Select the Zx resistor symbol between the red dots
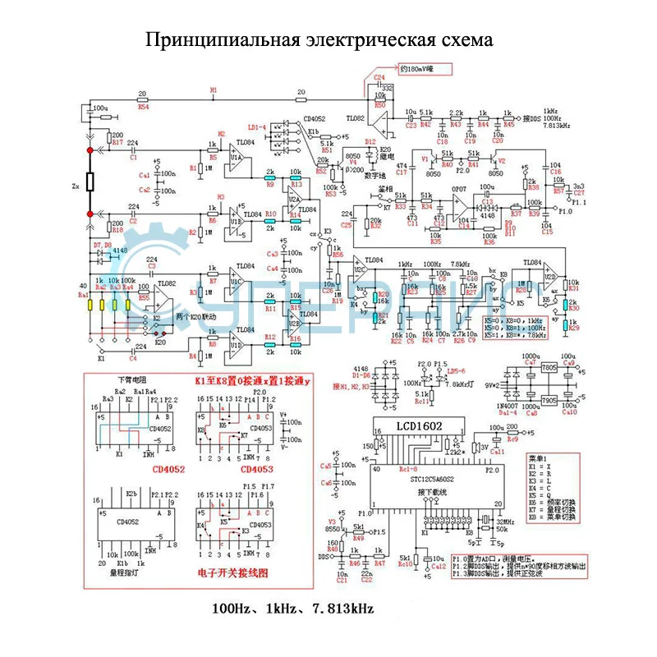pos(90,182)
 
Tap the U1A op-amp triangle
pos(237,156)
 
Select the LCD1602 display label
pos(416,427)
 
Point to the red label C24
pos(379,76)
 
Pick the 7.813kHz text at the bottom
pos(342,609)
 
